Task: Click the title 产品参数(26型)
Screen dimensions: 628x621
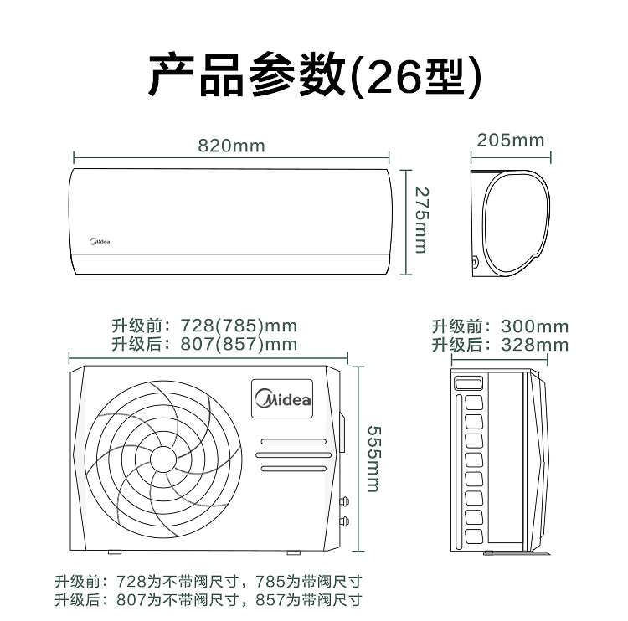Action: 314,74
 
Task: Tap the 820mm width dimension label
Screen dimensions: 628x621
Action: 231,146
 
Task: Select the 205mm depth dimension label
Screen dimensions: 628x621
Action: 511,141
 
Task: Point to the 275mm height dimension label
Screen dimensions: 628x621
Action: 421,220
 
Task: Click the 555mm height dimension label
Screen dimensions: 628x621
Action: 374,459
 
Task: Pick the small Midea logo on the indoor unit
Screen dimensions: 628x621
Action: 100,241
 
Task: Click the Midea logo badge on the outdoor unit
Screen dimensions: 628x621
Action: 282,398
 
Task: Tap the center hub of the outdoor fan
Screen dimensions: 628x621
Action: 163,459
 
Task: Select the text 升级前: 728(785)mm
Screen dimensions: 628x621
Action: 204,326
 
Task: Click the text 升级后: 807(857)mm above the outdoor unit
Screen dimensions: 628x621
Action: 204,344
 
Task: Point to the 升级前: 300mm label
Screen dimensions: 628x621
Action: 500,326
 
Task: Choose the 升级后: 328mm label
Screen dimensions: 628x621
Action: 500,345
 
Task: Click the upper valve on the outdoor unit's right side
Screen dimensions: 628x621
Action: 344,501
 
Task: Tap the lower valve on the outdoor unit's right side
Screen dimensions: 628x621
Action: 344,521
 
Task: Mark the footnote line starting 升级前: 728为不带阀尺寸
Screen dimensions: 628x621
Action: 208,582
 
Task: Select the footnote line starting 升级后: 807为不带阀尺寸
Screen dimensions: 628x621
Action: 208,600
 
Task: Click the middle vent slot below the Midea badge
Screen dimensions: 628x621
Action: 294,455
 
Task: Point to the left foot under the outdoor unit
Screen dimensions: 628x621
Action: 115,552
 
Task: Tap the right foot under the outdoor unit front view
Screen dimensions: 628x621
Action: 294,552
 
